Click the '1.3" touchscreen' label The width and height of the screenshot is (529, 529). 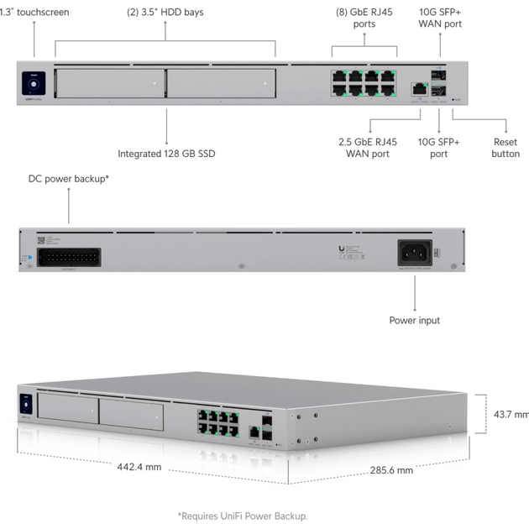point(35,13)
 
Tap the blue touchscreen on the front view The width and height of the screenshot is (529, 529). point(34,84)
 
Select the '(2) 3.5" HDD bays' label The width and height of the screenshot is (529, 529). point(165,13)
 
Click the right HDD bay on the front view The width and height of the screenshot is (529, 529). point(221,84)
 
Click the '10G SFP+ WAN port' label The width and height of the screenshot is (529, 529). point(440,18)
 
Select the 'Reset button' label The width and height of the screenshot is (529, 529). point(505,148)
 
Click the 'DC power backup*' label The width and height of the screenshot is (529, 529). point(69,179)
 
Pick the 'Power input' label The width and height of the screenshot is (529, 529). point(414,320)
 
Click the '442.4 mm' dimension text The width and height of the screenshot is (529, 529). point(139,467)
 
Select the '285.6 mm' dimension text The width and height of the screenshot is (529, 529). point(391,470)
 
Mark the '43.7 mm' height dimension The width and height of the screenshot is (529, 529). point(510,414)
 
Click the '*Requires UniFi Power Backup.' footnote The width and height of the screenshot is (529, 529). point(243,515)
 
